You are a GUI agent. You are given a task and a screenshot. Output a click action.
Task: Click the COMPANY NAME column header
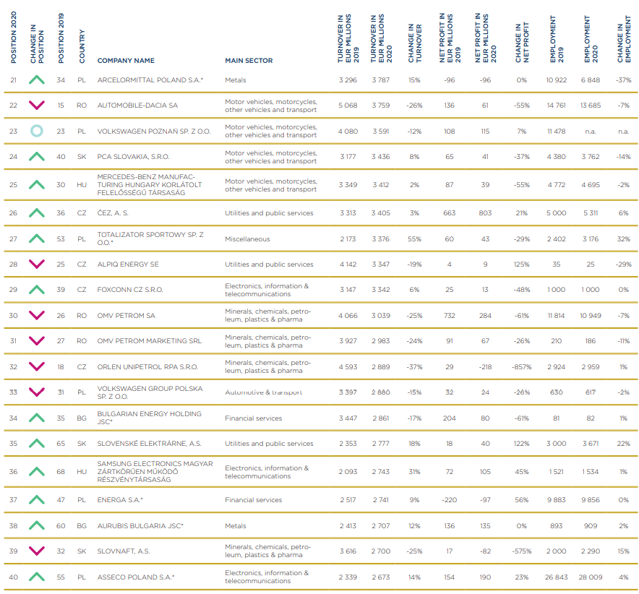point(126,60)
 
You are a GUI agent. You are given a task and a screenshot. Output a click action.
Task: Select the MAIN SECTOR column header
point(249,60)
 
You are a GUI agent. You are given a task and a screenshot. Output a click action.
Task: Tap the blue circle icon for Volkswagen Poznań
point(37,131)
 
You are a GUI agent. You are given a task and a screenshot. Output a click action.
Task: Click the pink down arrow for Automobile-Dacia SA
point(37,105)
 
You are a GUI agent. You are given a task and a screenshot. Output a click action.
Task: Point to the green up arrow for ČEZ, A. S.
point(37,212)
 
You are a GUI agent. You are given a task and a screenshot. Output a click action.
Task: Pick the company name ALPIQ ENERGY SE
point(128,264)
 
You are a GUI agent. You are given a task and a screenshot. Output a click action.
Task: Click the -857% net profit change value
point(522,366)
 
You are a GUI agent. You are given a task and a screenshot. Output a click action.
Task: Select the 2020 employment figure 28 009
point(591,577)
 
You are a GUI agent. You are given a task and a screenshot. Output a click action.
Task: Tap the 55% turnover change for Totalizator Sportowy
point(414,238)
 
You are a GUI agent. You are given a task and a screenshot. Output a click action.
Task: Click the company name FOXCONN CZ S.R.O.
point(130,290)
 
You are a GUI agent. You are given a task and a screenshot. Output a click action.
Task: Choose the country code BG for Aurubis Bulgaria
point(82,525)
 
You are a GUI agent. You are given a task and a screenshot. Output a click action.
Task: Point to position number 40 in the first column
point(14,577)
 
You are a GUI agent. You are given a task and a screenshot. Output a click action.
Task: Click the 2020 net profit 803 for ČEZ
point(485,212)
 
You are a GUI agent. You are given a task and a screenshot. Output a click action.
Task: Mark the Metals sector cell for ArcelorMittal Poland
point(236,80)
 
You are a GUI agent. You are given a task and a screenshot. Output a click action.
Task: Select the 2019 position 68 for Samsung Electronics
point(61,471)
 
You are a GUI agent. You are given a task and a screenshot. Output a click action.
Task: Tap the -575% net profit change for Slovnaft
point(522,551)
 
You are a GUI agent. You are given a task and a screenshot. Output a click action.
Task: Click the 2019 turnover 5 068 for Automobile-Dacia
point(348,105)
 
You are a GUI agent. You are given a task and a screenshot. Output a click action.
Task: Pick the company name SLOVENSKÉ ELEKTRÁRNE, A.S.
point(149,443)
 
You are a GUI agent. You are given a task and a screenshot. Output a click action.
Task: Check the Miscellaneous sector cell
point(247,238)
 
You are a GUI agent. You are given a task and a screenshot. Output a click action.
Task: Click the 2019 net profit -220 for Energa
point(449,499)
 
